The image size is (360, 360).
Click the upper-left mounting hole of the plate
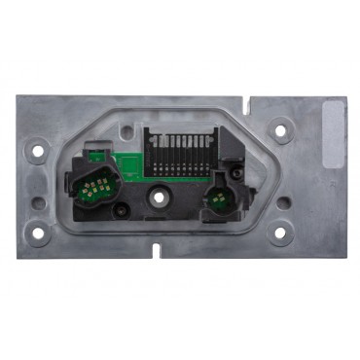pos(40,151)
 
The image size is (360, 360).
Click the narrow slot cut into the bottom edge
pos(156,249)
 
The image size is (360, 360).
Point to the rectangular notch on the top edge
pos(251,99)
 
